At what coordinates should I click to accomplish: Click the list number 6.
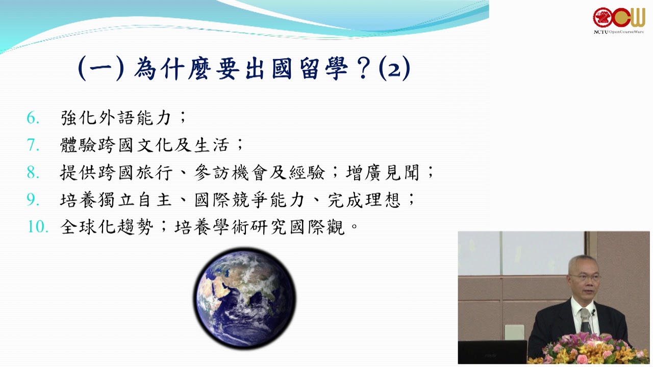33,118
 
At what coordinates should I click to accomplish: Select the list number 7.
33,145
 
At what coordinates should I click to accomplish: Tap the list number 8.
33,172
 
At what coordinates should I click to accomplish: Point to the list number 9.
33,199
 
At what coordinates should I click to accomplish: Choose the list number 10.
38,227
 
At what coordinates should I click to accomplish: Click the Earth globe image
244,299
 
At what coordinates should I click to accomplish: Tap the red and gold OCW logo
619,17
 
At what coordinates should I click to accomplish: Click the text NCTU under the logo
600,32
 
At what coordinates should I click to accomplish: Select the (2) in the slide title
394,69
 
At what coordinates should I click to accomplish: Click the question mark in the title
363,69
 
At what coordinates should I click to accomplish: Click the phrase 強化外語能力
116,118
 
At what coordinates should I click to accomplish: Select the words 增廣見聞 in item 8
383,172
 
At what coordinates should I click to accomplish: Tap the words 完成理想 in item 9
364,200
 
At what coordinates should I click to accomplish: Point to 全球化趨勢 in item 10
107,227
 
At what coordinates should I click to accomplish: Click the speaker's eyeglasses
585,277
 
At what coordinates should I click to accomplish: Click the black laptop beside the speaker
492,352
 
